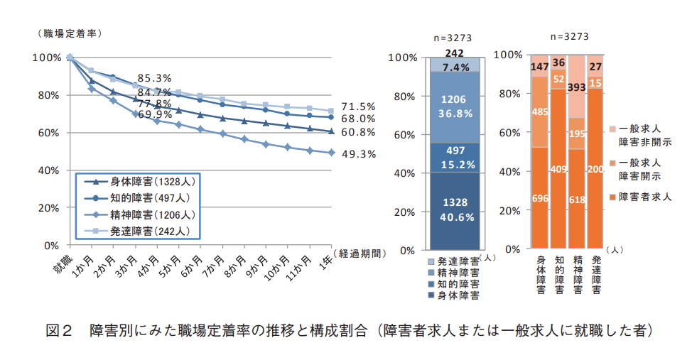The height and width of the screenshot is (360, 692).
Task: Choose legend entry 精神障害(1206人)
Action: (138, 214)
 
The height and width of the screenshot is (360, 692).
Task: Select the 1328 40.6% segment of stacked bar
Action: (453, 211)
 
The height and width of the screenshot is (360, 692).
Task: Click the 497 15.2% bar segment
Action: (453, 158)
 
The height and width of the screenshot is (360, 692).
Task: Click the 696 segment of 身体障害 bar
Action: (540, 199)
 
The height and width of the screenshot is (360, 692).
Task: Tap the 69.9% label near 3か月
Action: (154, 114)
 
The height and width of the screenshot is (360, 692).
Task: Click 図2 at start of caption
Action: (60, 331)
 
